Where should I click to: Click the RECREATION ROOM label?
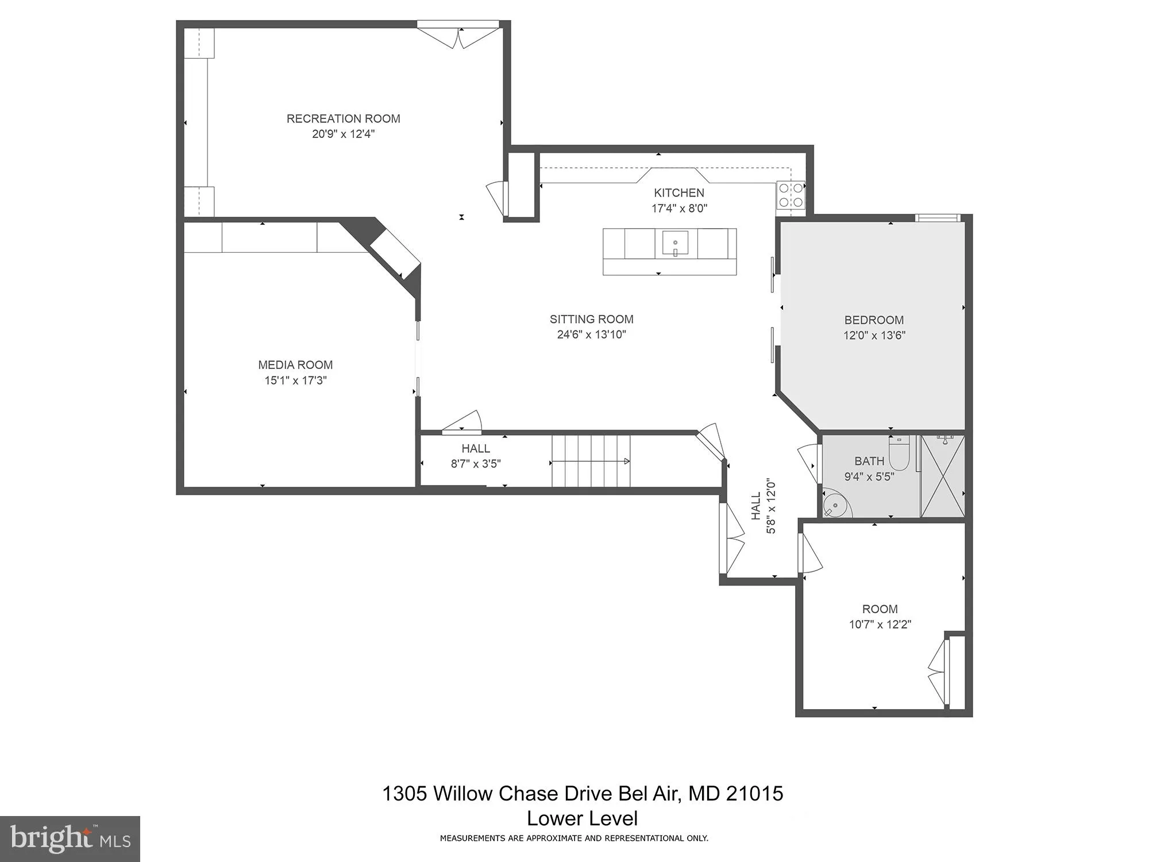pos(343,119)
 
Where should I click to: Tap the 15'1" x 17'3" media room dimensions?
pos(295,380)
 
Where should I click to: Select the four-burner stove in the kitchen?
pos(791,195)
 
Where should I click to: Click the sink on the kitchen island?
pos(675,243)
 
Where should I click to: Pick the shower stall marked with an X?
pos(942,476)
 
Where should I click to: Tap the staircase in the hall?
pos(591,461)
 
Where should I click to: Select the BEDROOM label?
pos(874,321)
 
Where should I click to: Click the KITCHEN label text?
pos(678,193)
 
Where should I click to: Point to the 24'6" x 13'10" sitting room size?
pos(591,334)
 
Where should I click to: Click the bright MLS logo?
pos(70,839)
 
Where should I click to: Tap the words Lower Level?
pos(582,818)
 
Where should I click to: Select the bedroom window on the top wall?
pos(937,218)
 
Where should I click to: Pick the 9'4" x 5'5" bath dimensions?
pos(869,476)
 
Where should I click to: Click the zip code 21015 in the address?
pos(754,794)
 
